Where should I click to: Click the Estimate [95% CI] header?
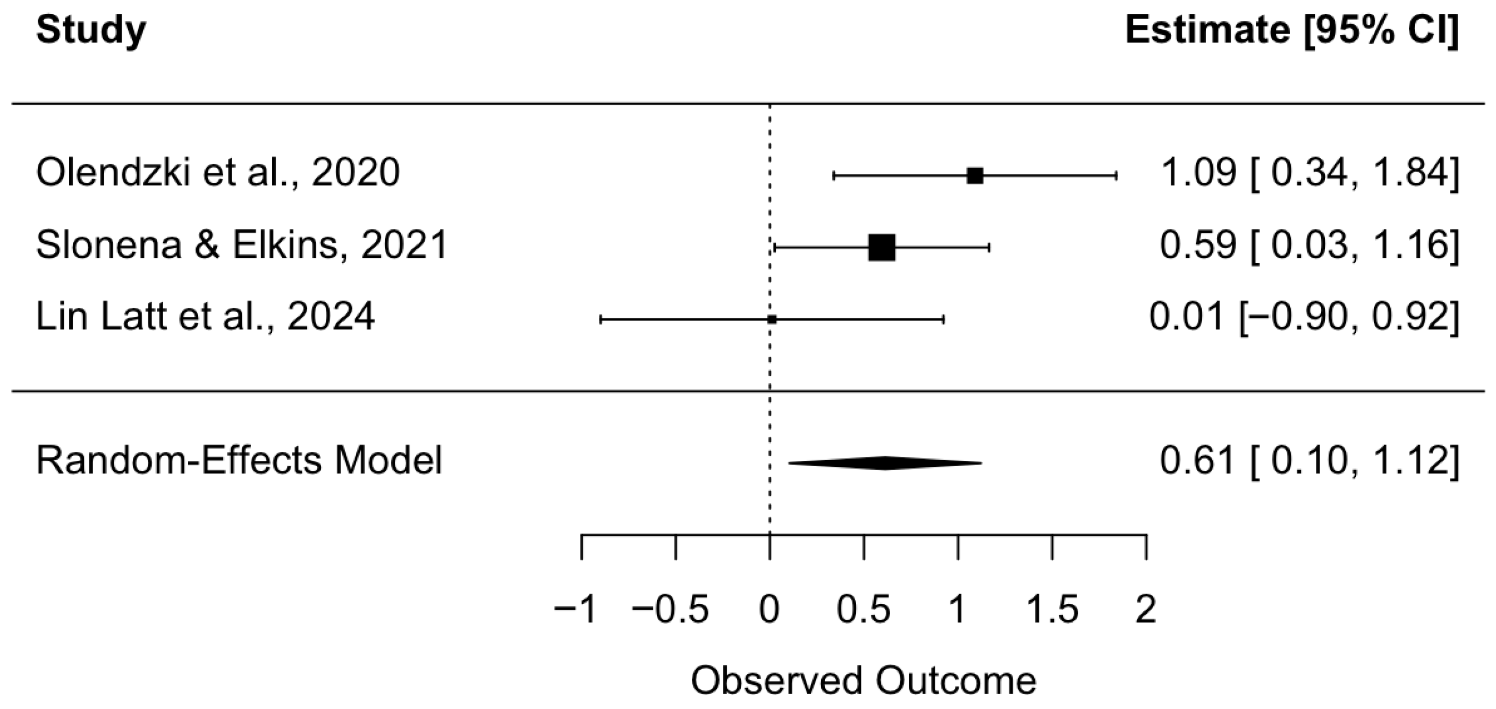click(x=1291, y=30)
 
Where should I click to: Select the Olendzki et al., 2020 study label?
click(x=218, y=173)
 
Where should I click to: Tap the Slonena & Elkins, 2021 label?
click(x=242, y=245)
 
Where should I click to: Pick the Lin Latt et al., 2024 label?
click(x=206, y=317)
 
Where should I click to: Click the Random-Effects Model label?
click(x=239, y=461)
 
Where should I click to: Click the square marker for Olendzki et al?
click(x=975, y=176)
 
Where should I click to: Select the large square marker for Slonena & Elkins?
click(x=882, y=248)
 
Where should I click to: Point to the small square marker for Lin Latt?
click(x=772, y=319)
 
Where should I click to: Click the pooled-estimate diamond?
click(x=884, y=463)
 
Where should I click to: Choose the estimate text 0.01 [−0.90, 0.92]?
click(x=1303, y=317)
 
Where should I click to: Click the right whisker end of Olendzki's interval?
click(x=1116, y=176)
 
